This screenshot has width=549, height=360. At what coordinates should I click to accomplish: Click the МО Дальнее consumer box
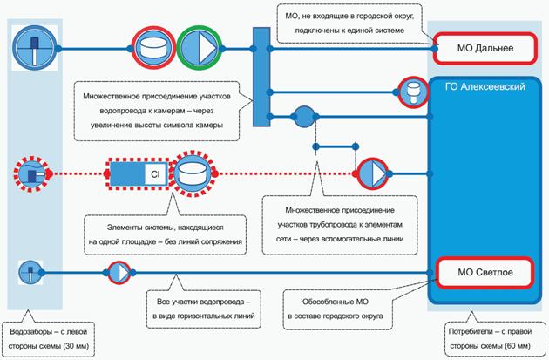[486, 47]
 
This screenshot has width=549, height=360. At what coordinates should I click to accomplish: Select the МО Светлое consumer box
[486, 273]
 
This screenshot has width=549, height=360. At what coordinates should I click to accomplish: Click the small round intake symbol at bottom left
[31, 273]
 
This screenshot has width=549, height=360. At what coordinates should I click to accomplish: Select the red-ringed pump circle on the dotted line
[370, 173]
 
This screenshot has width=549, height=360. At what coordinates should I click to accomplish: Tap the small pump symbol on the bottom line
[118, 273]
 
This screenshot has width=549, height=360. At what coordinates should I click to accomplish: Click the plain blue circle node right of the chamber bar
[304, 116]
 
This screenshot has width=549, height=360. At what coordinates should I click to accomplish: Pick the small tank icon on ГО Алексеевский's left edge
[411, 90]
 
